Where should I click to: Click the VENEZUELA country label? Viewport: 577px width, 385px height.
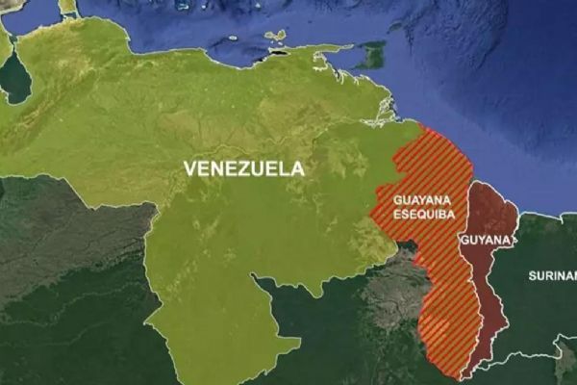coord(243,168)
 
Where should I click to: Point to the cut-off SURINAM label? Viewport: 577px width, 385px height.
coord(551,276)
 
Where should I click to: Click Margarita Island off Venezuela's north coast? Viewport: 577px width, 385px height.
coord(277,38)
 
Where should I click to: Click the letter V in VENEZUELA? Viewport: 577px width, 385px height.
coord(188,168)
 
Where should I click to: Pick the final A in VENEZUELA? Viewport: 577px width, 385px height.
coord(298,168)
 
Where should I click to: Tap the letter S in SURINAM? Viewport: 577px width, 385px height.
coord(532,276)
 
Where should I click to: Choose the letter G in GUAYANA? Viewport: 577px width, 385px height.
coord(396,200)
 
